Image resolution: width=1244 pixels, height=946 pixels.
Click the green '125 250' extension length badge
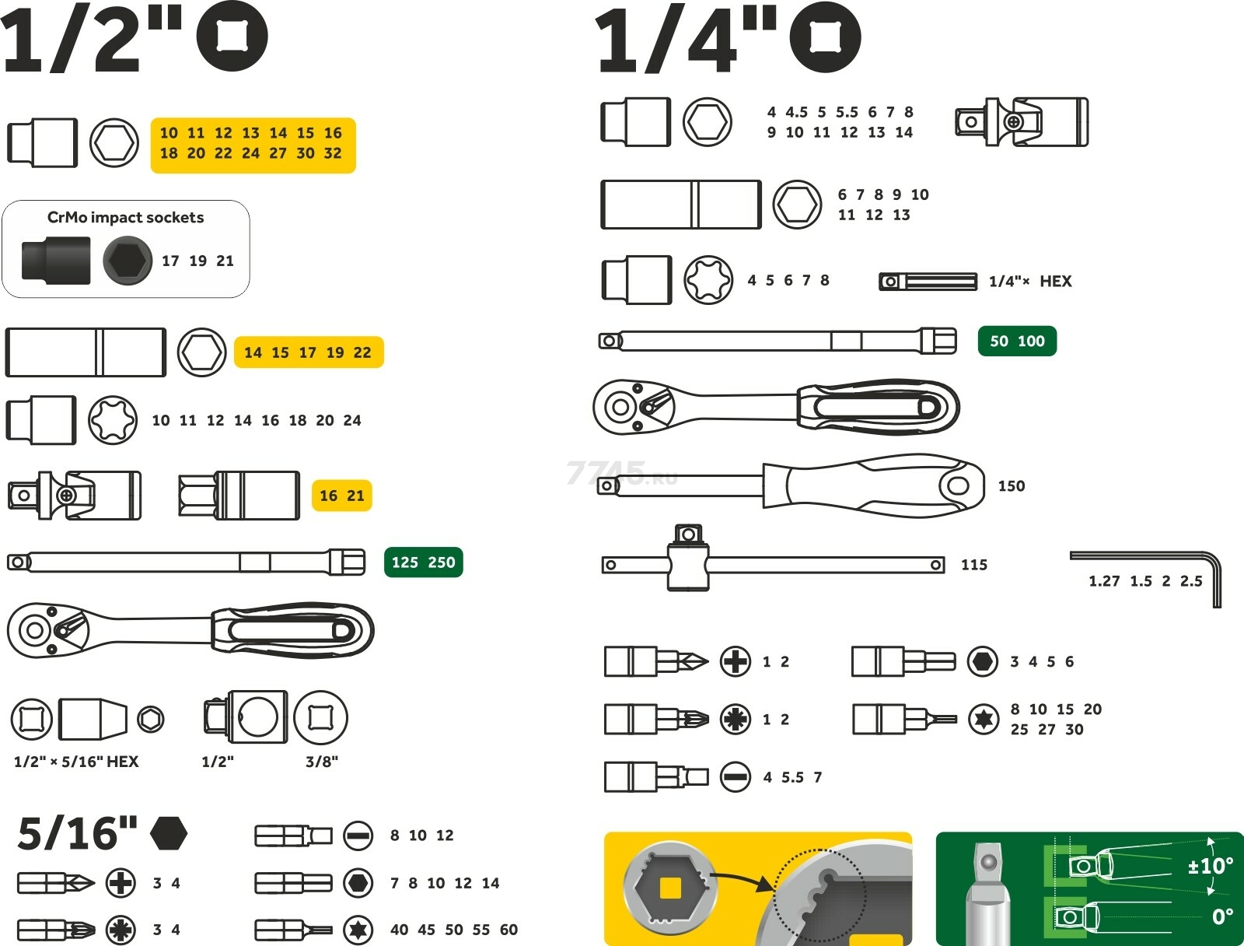pos(423,562)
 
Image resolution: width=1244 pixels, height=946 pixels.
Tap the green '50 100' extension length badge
pos(1017,341)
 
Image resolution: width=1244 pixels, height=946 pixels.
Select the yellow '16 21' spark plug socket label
pos(341,496)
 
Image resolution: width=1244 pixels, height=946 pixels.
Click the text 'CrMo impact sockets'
pos(125,218)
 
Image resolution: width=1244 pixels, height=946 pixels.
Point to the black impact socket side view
pos(55,260)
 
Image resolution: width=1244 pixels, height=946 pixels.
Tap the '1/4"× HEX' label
pos(1029,282)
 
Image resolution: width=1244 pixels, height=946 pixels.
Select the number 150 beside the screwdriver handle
pos(1011,486)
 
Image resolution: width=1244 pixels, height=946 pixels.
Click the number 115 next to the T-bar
pos(973,565)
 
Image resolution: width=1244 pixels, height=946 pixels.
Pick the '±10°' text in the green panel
pos(1210,866)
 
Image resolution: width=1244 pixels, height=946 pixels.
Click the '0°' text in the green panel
pos(1222,917)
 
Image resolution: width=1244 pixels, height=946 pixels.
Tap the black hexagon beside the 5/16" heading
pos(168,833)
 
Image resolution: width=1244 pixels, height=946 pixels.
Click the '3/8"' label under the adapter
pos(321,762)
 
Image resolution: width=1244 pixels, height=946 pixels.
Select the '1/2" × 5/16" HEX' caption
pos(76,762)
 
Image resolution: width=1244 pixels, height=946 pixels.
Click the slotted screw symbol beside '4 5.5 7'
pos(735,776)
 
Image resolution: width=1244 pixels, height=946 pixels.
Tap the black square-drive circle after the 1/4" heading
pos(825,37)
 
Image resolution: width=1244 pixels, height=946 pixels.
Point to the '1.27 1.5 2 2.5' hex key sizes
pos(1144,581)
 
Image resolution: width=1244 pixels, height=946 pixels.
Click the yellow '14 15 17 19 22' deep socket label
pos(308,352)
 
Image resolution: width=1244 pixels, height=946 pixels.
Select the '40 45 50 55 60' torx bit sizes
pos(454,930)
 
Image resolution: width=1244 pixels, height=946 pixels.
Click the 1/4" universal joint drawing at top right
pos(1021,122)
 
